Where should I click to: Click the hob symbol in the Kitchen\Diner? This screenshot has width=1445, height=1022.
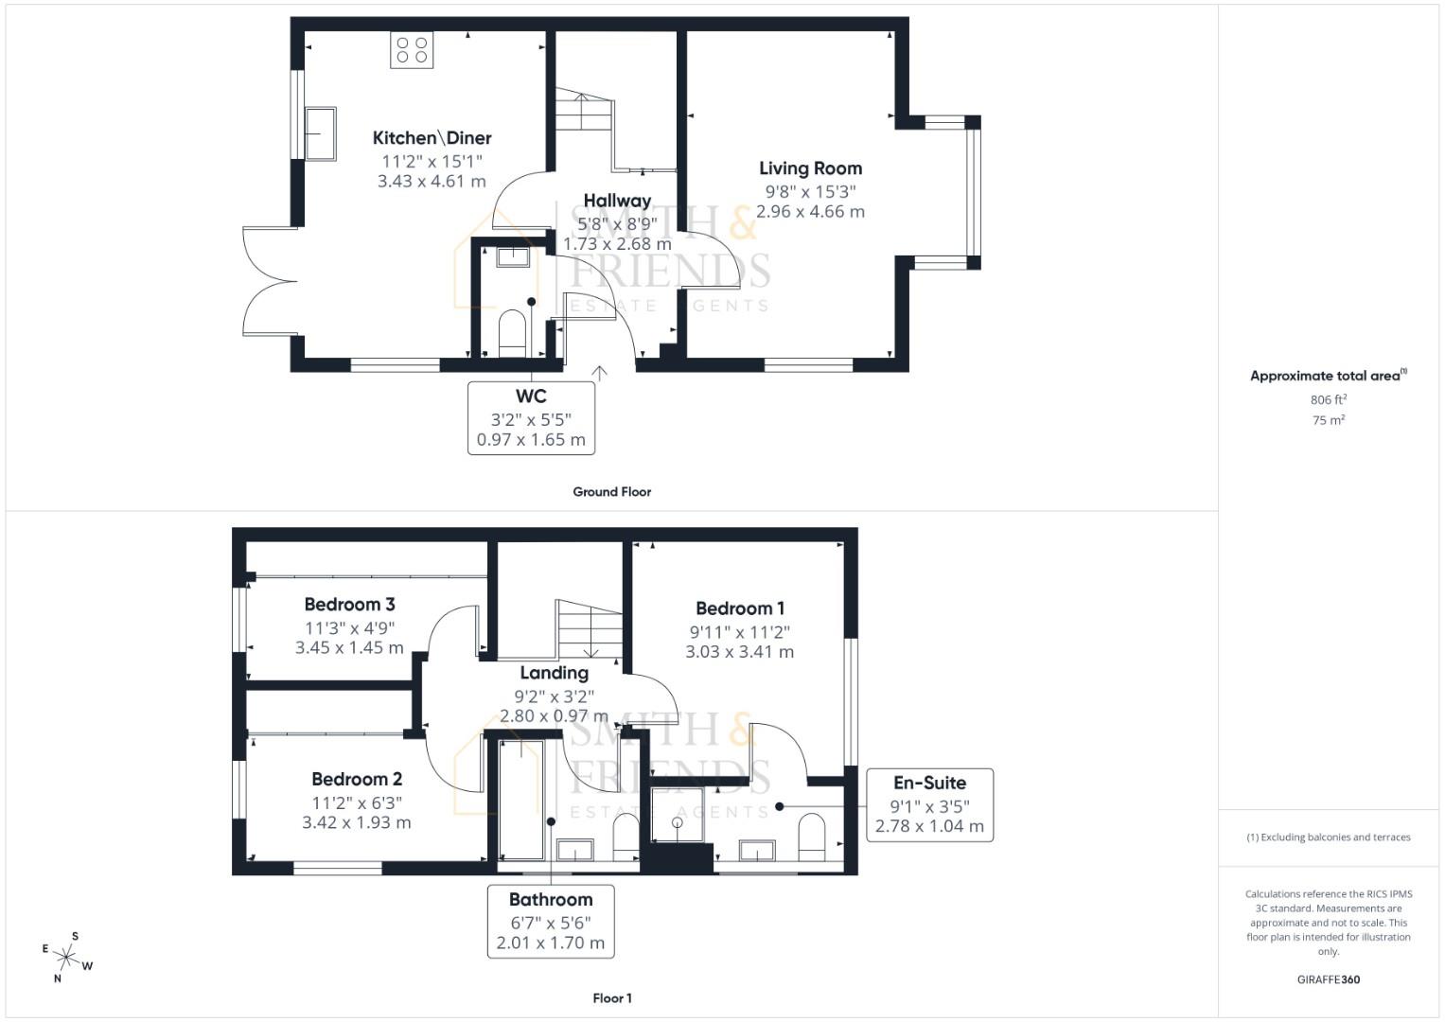point(412,50)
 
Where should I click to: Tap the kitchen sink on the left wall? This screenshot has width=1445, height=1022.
point(320,133)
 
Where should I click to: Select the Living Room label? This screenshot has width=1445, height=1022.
point(810,168)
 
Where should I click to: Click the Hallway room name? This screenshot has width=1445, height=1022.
point(617,201)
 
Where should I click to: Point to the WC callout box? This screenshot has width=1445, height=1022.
point(531,417)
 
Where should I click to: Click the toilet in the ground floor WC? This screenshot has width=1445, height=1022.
point(512,333)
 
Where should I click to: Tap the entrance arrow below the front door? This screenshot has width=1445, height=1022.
point(599,372)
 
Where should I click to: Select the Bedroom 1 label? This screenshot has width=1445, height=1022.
point(739,608)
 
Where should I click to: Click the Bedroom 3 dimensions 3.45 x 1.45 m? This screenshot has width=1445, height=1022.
point(349,648)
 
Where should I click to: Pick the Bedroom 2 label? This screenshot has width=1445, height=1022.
point(357,779)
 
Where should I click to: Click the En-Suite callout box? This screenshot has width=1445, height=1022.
point(929,804)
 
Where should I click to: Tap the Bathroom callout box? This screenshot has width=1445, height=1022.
point(551,921)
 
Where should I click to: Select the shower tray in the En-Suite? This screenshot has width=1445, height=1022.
point(678,814)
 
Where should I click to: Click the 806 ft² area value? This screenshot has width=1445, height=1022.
point(1328,400)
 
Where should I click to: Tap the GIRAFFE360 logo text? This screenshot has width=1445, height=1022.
point(1328,979)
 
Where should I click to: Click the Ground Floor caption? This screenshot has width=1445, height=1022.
point(611,492)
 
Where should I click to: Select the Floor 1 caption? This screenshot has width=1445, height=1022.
point(611,998)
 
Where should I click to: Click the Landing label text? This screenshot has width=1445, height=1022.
point(554,673)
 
